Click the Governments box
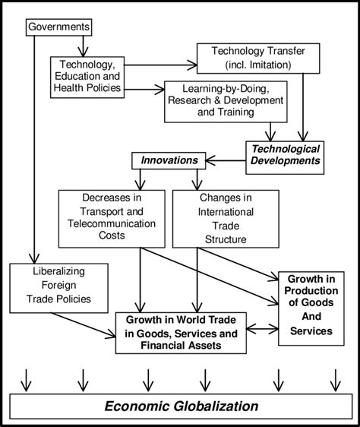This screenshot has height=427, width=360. click(58, 27)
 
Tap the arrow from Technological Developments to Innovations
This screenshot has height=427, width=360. click(225, 160)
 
